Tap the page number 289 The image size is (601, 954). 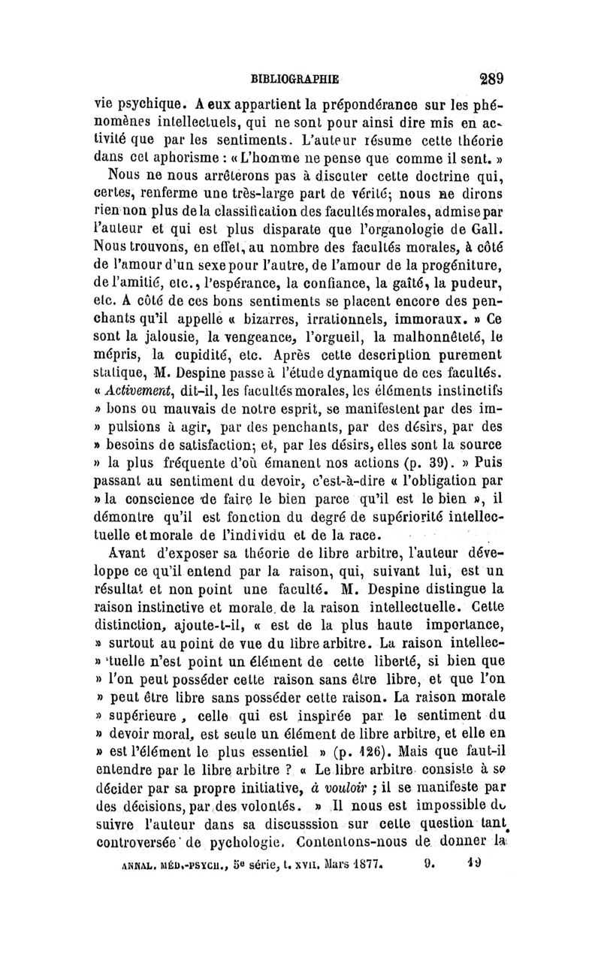click(488, 77)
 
